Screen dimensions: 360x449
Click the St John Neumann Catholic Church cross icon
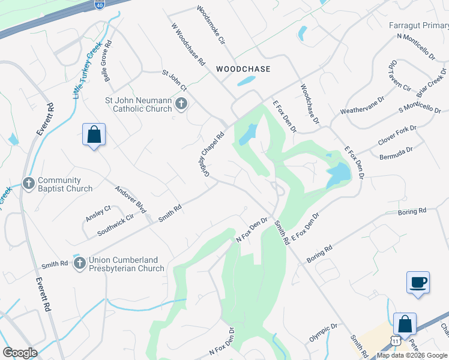tap(181, 105)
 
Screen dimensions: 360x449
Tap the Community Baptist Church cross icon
tap(28, 183)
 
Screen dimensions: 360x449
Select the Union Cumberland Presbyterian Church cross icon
tap(79, 263)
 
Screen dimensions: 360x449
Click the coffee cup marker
tap(418, 282)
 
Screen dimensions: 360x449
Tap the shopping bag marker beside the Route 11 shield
tap(405, 324)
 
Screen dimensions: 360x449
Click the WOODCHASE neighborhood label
tap(243, 69)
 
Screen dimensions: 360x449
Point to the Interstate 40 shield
tap(98, 4)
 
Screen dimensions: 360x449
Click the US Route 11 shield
tap(395, 340)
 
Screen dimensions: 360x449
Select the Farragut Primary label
tap(418, 26)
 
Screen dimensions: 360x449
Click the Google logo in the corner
tap(20, 353)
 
